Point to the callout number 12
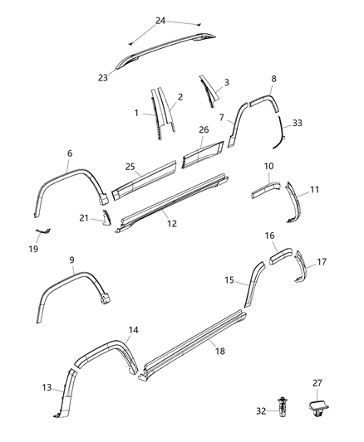coord(172,222)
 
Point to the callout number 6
coord(70,153)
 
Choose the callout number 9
coord(71,260)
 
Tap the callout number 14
coord(133,330)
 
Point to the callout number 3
coord(227,84)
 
